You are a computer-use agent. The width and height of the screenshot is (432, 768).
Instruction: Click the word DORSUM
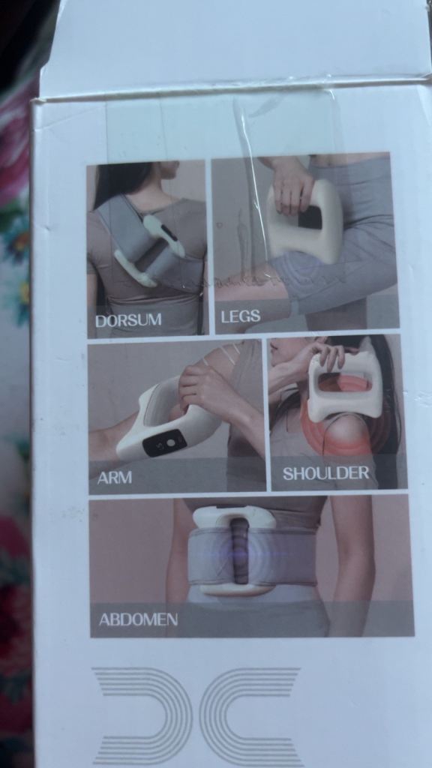(127, 320)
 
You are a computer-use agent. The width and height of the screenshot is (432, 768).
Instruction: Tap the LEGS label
(240, 316)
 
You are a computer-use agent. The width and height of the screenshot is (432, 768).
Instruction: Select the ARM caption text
(114, 478)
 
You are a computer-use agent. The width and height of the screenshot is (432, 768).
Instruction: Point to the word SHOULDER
(325, 473)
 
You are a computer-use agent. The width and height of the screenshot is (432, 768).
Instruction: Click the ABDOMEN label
(138, 619)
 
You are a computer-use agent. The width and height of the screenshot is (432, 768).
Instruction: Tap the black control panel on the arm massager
(164, 443)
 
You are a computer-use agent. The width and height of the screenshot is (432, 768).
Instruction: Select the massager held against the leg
(304, 220)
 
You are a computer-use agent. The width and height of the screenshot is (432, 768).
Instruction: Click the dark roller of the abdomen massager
(239, 551)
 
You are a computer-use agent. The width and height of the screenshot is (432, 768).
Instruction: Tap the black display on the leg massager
(310, 217)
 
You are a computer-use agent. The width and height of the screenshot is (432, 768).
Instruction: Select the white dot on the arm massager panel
(170, 442)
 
